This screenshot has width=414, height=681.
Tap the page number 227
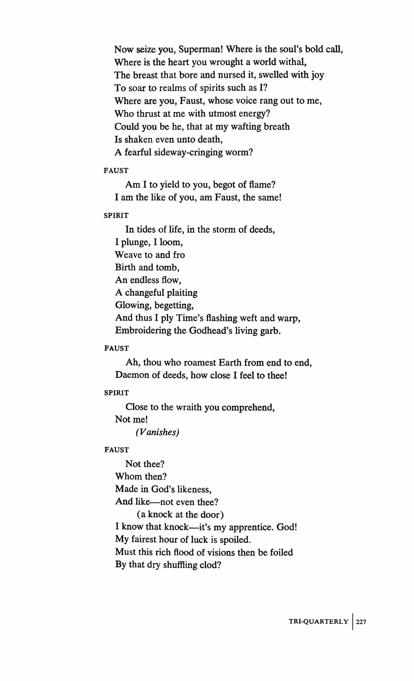pos(361,614)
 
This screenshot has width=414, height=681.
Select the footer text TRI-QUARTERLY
pos(318,614)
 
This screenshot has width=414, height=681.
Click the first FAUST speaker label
pos(116,171)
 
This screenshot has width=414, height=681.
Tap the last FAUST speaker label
pos(117,450)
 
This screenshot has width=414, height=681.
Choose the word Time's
pos(186,318)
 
